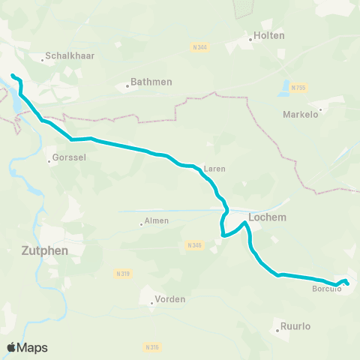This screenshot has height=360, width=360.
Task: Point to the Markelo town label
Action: tap(301, 115)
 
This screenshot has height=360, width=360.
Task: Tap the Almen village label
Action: tap(156, 221)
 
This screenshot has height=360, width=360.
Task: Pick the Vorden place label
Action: tap(169, 299)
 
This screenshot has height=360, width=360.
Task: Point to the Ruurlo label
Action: tap(295, 326)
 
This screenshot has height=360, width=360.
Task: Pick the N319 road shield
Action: tap(124, 274)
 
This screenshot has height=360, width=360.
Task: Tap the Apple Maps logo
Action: tap(27, 347)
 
